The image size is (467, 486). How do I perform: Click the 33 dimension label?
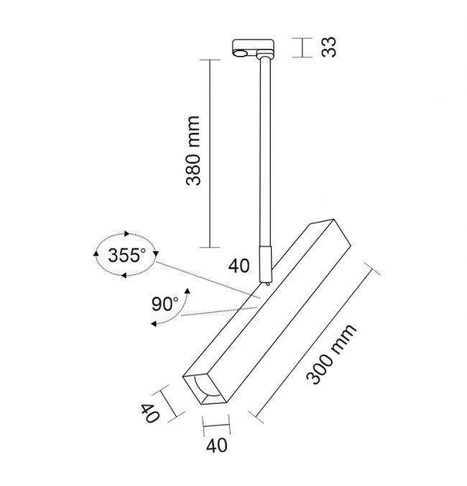point(329,47)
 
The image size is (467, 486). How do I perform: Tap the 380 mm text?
point(193,151)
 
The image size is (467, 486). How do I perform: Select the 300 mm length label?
point(330,354)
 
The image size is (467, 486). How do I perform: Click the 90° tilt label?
point(165,304)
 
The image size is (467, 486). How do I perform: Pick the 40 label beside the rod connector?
point(239,266)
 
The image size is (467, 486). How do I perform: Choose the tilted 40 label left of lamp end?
point(150,413)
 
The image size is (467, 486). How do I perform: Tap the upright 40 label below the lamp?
point(217,446)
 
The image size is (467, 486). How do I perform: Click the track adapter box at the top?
point(253,48)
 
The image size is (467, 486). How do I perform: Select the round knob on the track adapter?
point(240,54)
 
